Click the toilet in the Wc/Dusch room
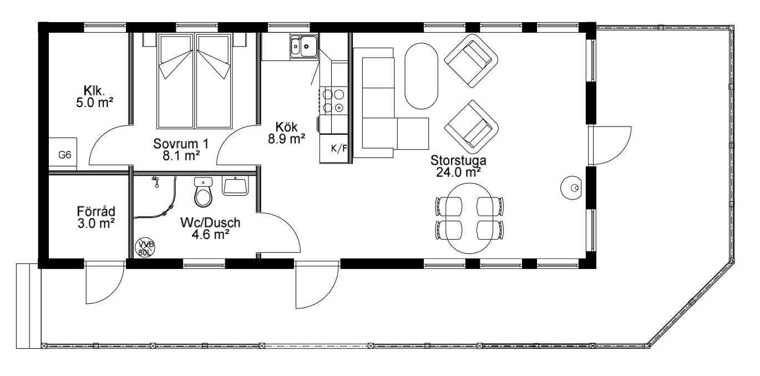pyautogui.click(x=203, y=192)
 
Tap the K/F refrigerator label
pyautogui.click(x=339, y=148)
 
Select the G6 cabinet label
pyautogui.click(x=64, y=155)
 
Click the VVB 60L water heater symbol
pyautogui.click(x=145, y=247)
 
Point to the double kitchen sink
pyautogui.click(x=304, y=46)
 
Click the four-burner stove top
pyautogui.click(x=333, y=100)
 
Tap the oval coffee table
pyautogui.click(x=422, y=76)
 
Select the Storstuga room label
pyautogui.click(x=458, y=160)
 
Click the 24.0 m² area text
pyautogui.click(x=458, y=172)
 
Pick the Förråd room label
pyautogui.click(x=96, y=211)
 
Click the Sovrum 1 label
pyautogui.click(x=181, y=144)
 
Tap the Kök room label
pyautogui.click(x=286, y=127)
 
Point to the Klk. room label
pyautogui.click(x=94, y=90)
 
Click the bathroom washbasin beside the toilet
pyautogui.click(x=235, y=186)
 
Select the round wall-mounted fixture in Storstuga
pyautogui.click(x=572, y=187)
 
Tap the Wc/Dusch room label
pyautogui.click(x=210, y=222)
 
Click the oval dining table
pyautogui.click(x=469, y=218)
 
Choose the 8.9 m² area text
pyautogui.click(x=286, y=139)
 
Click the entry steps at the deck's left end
pyautogui.click(x=28, y=306)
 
